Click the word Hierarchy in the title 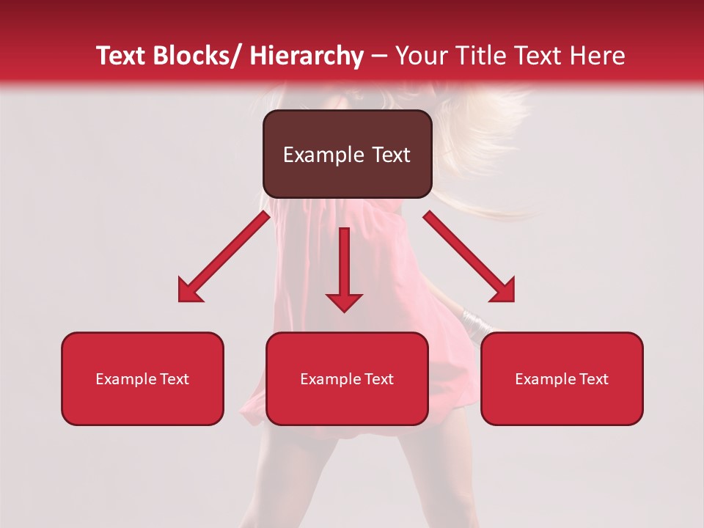pyautogui.click(x=307, y=56)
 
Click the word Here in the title pyautogui.click(x=595, y=56)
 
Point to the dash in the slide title pyautogui.click(x=379, y=56)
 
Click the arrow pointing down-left pyautogui.click(x=224, y=257)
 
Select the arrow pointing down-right pyautogui.click(x=469, y=257)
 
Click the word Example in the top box pyautogui.click(x=314, y=155)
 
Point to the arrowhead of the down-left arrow pyautogui.click(x=188, y=291)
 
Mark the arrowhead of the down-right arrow pyautogui.click(x=504, y=291)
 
